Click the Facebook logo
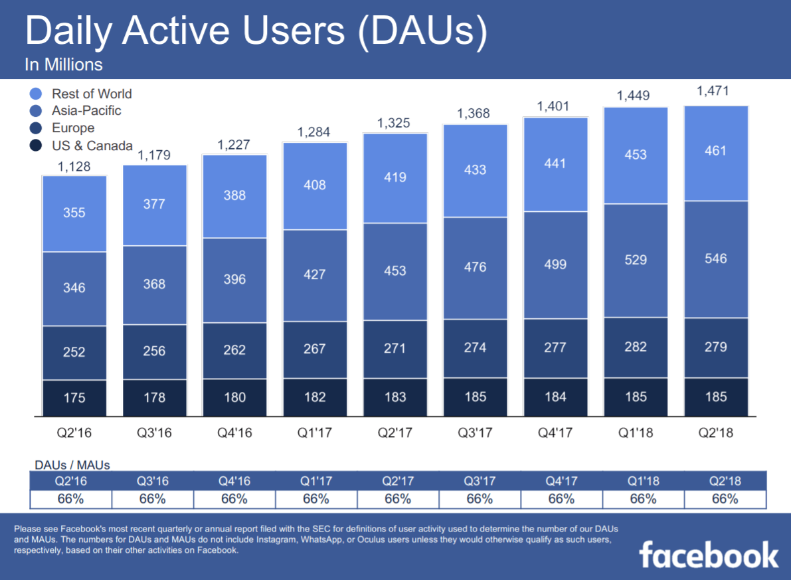(x=709, y=555)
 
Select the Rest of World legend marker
(x=37, y=94)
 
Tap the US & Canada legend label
(x=92, y=145)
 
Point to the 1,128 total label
(x=74, y=167)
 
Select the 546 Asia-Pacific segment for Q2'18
(x=716, y=258)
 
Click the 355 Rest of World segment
(x=74, y=213)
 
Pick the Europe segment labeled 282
(x=636, y=347)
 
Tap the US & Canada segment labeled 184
(x=555, y=397)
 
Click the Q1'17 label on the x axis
(x=315, y=433)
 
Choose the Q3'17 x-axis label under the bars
(x=475, y=433)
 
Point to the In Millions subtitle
(x=63, y=65)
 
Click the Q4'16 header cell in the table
(x=234, y=481)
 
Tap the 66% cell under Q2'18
(x=725, y=499)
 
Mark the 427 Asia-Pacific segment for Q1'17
(x=315, y=275)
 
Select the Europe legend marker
(x=37, y=128)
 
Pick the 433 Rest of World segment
(x=475, y=170)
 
